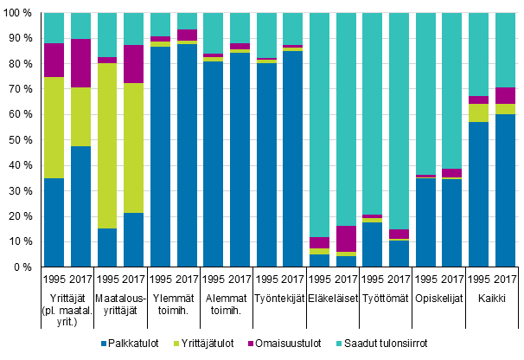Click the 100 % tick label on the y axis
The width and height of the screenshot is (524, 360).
click(x=18, y=13)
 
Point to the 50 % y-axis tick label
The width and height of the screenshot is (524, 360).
click(x=21, y=140)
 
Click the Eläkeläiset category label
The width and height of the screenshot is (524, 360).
click(x=333, y=297)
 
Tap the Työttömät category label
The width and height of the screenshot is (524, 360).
click(x=386, y=297)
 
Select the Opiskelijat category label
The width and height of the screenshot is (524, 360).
click(x=439, y=297)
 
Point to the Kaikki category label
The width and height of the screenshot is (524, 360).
click(x=492, y=297)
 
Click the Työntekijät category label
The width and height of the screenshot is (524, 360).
click(x=280, y=297)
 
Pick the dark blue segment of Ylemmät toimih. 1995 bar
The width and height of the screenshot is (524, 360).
click(x=161, y=157)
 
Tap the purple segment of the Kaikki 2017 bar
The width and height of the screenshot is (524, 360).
click(x=505, y=95)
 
